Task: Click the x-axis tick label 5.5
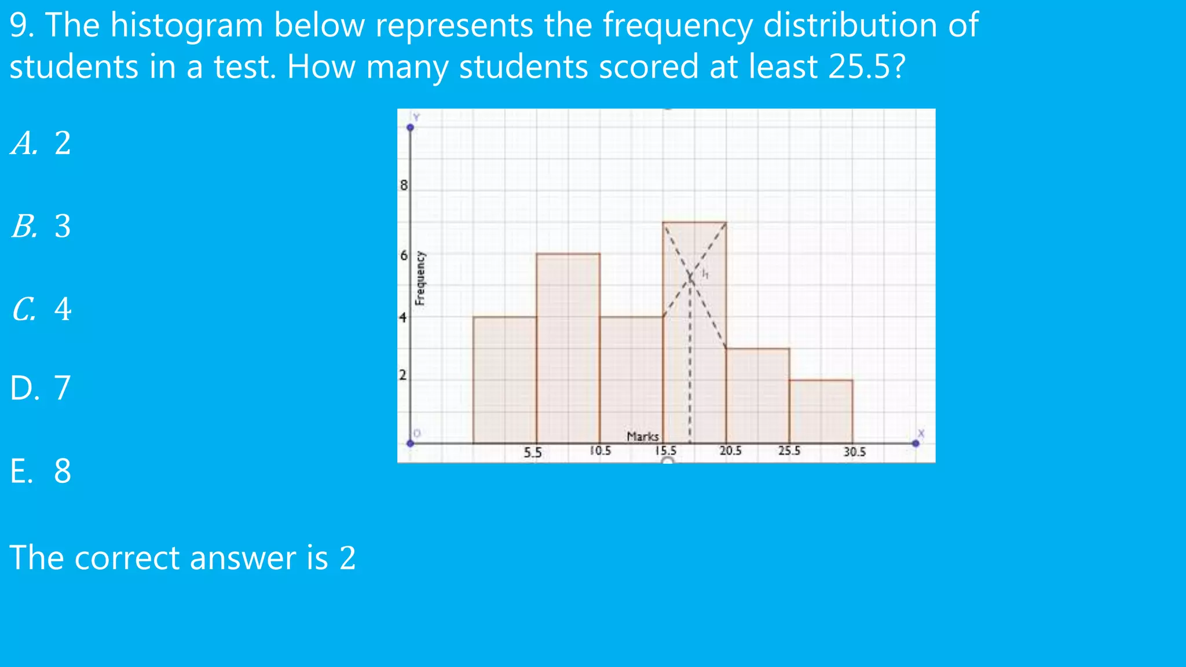click(532, 452)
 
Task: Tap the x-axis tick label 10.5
click(601, 450)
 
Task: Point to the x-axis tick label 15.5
click(665, 450)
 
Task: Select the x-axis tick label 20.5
click(730, 450)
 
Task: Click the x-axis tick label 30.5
click(854, 452)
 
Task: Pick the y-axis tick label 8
click(404, 185)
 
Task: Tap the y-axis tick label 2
click(403, 375)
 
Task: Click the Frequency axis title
click(420, 278)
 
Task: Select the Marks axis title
click(643, 437)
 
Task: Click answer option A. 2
click(41, 143)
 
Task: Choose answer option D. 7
click(41, 388)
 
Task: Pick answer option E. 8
click(41, 471)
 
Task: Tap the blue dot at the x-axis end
click(916, 444)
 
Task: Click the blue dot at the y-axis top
click(410, 127)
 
